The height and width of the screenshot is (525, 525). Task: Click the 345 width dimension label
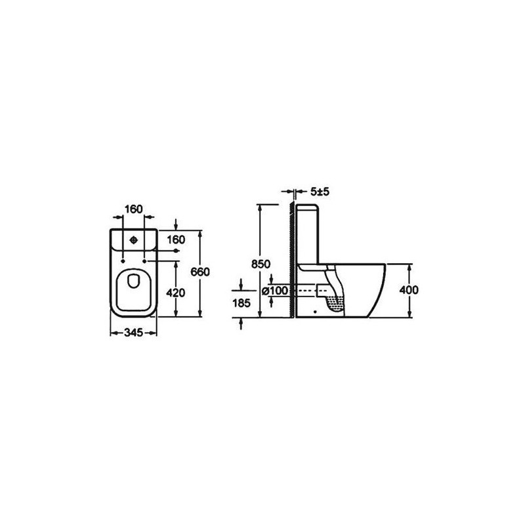click(134, 333)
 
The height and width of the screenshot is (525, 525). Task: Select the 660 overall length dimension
click(200, 272)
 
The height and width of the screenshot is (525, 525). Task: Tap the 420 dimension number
click(175, 293)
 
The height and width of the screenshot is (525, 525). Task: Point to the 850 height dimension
click(261, 264)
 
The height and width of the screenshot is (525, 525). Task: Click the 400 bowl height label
click(409, 290)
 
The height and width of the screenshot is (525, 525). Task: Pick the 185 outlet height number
click(241, 303)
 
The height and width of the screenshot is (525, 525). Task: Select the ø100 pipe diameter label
click(274, 291)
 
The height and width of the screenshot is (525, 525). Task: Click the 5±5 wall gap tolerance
click(320, 192)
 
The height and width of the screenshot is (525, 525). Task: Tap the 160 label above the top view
click(134, 209)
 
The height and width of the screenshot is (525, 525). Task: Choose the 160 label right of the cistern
click(176, 240)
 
